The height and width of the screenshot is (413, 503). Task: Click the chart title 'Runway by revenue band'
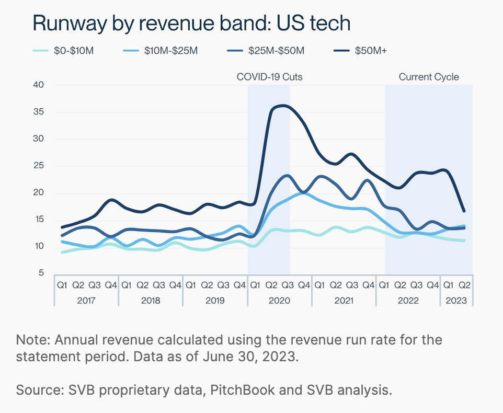[x=191, y=24]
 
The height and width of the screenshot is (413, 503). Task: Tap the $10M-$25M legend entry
[x=160, y=51]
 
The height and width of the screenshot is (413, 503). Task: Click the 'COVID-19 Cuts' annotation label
[x=269, y=77]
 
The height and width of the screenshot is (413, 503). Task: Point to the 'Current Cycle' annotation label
[x=429, y=77]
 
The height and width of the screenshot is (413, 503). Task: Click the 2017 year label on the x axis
[x=86, y=301]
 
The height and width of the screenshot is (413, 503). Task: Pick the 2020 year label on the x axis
[x=280, y=301]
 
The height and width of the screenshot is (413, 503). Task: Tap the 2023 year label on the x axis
[x=456, y=301]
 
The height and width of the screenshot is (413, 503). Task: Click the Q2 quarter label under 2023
[x=465, y=285]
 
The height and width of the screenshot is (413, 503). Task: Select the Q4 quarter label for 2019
[x=239, y=285]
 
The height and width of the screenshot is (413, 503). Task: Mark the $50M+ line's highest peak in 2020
[x=283, y=106]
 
